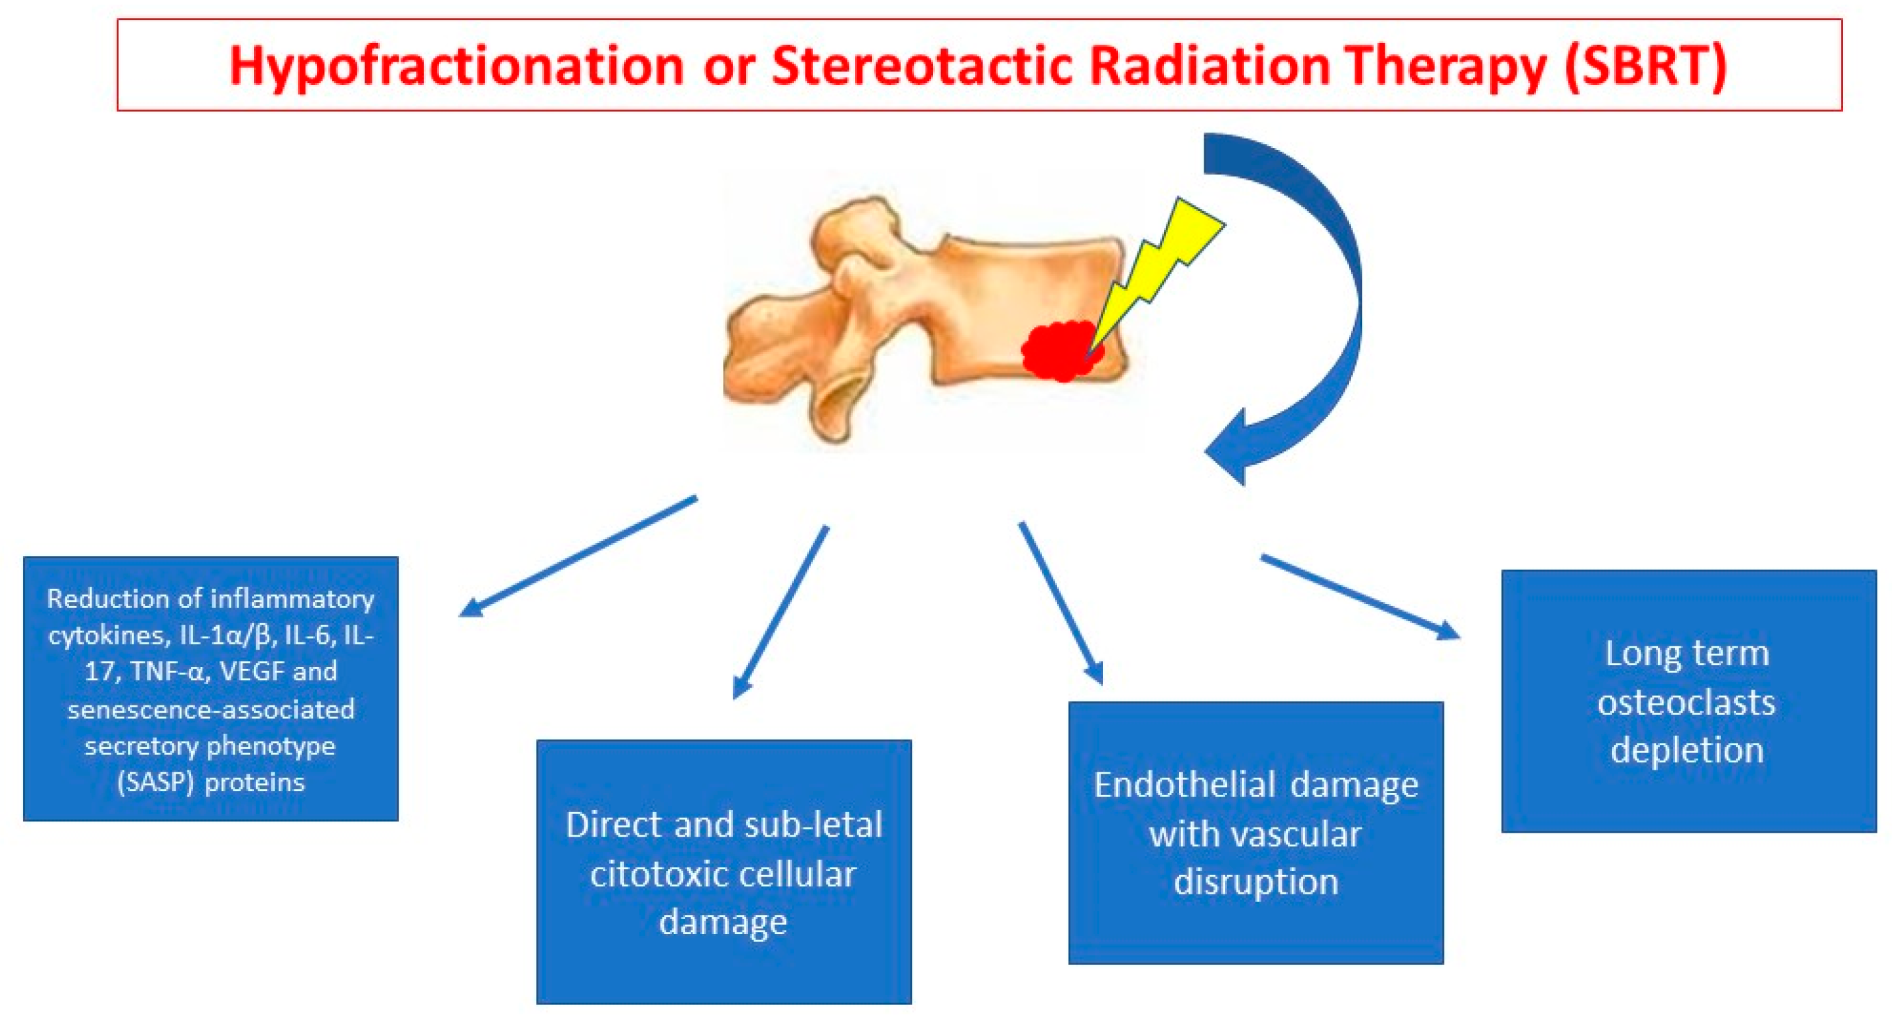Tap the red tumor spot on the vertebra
pos(1062,351)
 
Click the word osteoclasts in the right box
pos(1686,703)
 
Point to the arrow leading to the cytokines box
pos(578,556)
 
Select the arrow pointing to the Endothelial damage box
pos(1060,603)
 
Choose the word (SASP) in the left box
pos(155,782)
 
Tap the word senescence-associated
pos(211,709)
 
